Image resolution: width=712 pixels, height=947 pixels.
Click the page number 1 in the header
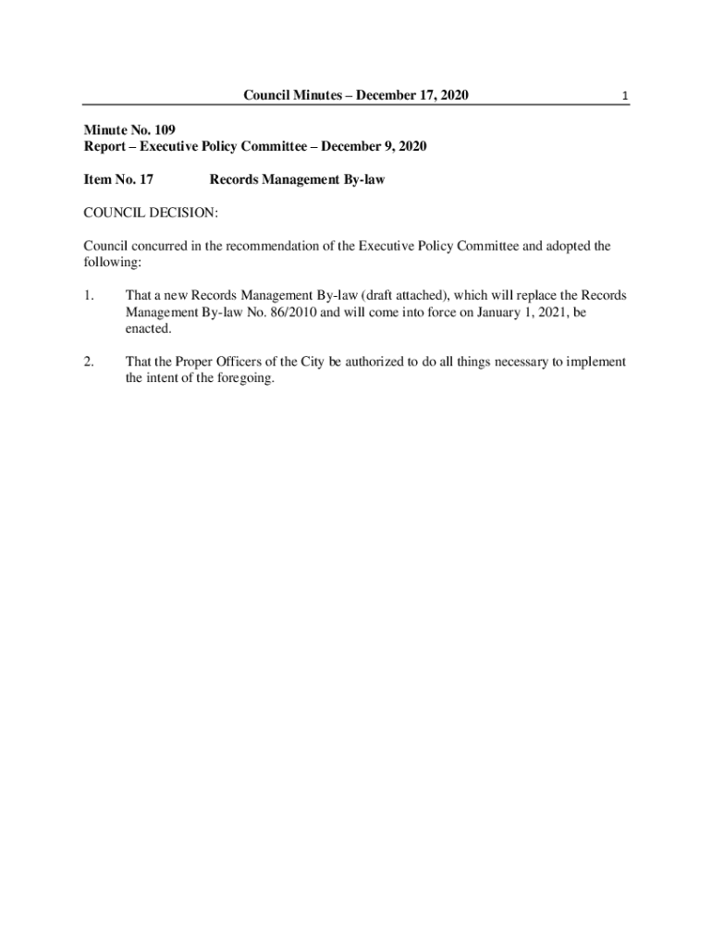(626, 96)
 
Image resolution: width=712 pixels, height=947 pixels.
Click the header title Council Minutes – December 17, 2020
(356, 95)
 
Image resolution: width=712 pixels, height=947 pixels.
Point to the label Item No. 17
(118, 179)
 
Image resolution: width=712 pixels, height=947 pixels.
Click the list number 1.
(88, 296)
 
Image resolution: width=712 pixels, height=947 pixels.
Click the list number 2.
(88, 362)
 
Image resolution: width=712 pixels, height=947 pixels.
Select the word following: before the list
(112, 264)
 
